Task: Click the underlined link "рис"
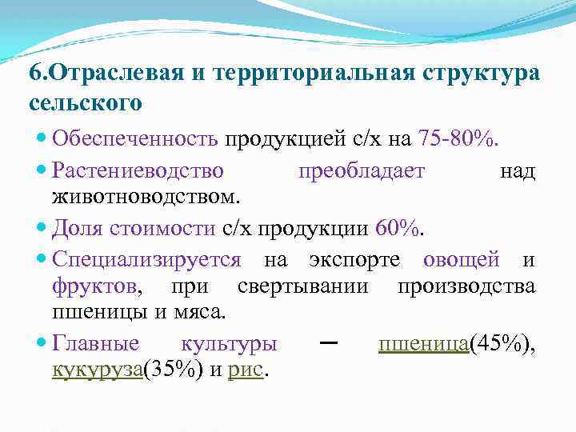click(x=246, y=369)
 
